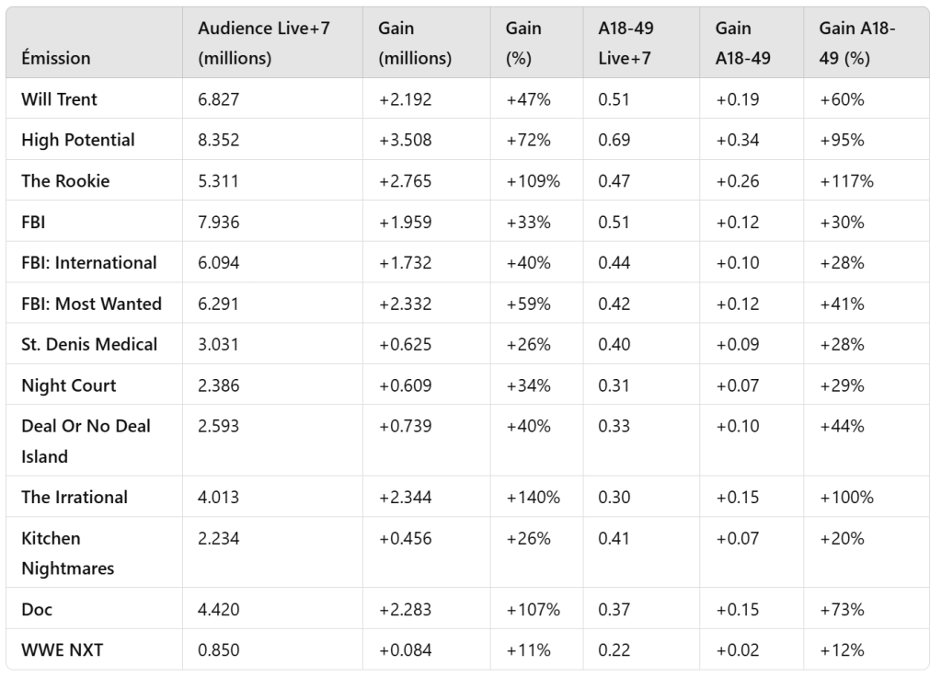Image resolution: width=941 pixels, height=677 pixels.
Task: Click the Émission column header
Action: click(56, 58)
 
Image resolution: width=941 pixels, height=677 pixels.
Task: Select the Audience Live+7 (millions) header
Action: click(264, 43)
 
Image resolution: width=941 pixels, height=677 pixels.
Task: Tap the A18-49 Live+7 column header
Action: click(625, 43)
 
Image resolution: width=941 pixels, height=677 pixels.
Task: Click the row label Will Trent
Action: click(59, 99)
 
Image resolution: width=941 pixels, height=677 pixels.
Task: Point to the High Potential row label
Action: click(78, 140)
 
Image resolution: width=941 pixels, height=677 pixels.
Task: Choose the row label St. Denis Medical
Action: click(89, 344)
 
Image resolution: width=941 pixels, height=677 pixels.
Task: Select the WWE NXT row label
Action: click(63, 650)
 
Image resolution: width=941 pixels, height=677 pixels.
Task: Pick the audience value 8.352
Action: click(219, 140)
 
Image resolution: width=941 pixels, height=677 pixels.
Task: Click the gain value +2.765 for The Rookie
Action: click(405, 181)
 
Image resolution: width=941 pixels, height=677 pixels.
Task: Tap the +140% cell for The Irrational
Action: click(533, 498)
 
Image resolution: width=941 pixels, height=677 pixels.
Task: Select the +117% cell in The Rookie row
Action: click(846, 181)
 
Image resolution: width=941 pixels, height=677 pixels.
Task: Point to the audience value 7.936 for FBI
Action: click(219, 222)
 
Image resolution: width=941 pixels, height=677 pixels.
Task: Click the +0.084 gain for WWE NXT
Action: click(405, 650)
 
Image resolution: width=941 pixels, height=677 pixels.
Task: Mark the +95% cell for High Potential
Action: click(842, 140)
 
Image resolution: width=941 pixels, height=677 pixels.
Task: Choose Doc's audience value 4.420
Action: click(219, 610)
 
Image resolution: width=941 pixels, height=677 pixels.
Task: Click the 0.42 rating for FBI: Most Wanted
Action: click(614, 304)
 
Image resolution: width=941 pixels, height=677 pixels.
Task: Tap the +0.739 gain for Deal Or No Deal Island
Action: click(405, 426)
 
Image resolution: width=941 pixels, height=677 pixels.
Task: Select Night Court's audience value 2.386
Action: click(219, 385)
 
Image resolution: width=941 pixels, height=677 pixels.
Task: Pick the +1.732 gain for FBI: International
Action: click(405, 263)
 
